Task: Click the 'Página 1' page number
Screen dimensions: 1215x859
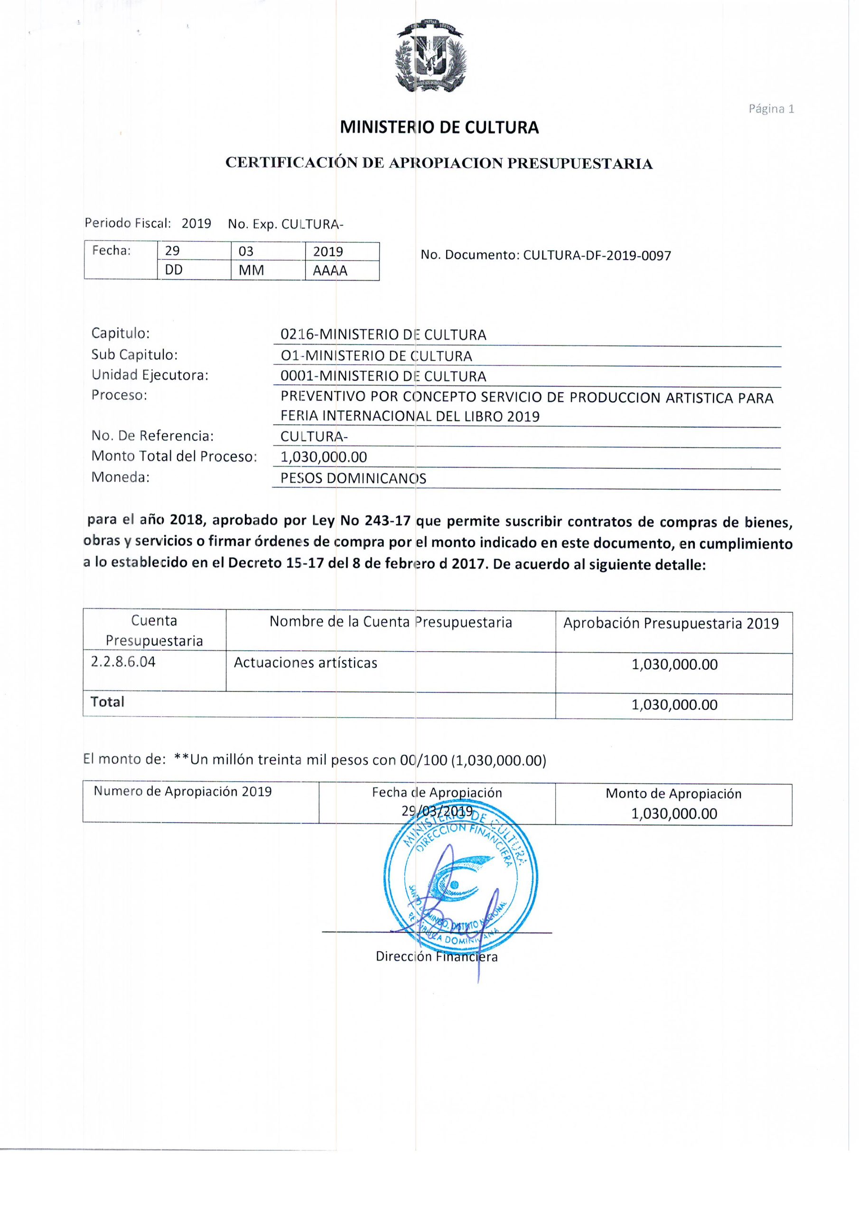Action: click(x=771, y=109)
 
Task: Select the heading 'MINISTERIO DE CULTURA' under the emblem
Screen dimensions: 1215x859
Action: click(x=439, y=128)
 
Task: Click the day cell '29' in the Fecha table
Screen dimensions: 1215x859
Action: click(x=173, y=251)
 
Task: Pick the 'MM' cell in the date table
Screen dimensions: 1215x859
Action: click(x=251, y=271)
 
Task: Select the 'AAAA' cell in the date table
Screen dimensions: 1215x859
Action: click(x=330, y=271)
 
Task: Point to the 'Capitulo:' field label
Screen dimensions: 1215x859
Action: click(x=121, y=333)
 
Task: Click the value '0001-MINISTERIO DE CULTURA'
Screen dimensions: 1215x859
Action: click(x=383, y=376)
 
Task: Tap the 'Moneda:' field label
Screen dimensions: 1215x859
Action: click(x=121, y=477)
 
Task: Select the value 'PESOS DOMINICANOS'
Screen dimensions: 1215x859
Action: click(x=353, y=478)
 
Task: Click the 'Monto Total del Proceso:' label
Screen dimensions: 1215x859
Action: click(x=174, y=456)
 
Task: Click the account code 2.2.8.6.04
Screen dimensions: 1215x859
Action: click(x=123, y=662)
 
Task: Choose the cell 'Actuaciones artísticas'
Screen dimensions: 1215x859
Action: click(x=305, y=663)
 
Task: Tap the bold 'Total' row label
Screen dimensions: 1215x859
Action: click(x=107, y=701)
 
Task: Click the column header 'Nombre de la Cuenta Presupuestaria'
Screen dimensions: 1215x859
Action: click(x=391, y=622)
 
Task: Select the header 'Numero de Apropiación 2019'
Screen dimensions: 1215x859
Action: click(x=183, y=791)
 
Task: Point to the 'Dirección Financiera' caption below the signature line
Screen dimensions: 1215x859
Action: click(x=437, y=956)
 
